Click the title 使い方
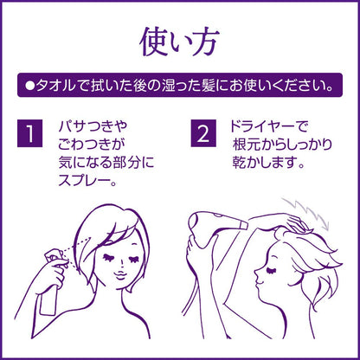pos(179,42)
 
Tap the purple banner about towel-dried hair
pos(180,85)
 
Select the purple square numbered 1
pos(29,133)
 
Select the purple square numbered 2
pos(203,133)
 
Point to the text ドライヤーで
pos(269,126)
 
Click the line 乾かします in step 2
pos(265,163)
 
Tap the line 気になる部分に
pos(106,163)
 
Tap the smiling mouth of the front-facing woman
pos(122,275)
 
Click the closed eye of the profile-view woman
pos(272,271)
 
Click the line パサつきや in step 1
pos(93,126)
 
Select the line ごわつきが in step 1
pos(91,145)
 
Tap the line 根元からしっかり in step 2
pos(282,145)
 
